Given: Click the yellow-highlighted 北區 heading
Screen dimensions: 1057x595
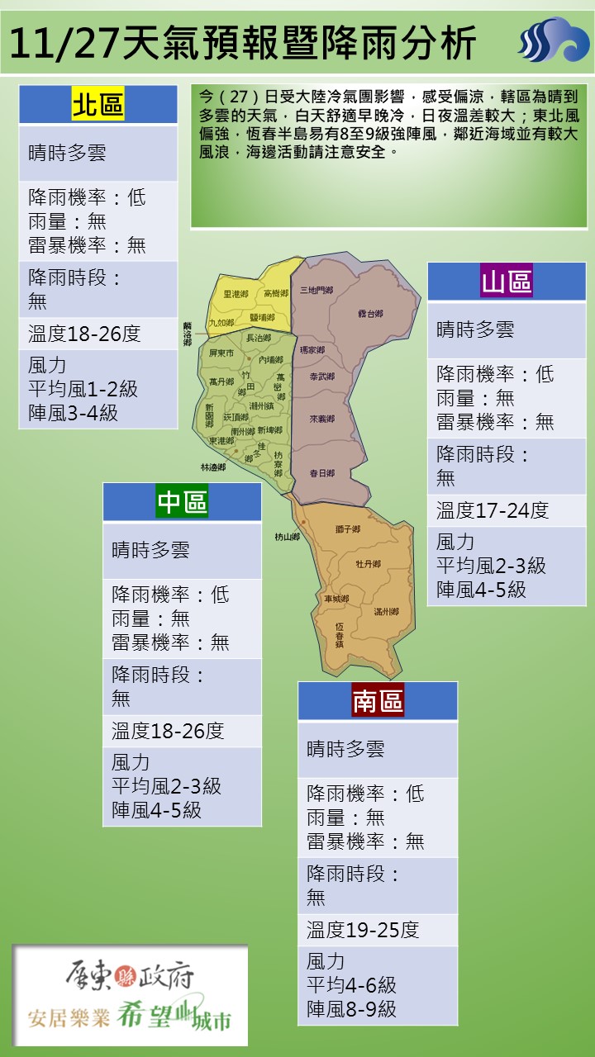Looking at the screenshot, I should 98,106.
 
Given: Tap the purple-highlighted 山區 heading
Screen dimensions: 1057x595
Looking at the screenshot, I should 507,282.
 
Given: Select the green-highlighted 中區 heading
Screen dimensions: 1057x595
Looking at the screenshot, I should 182,502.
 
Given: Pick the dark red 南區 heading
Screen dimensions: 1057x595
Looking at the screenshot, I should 378,701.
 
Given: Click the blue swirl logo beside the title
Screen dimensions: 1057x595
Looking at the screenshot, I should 554,41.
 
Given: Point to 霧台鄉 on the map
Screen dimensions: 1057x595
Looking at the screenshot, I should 371,314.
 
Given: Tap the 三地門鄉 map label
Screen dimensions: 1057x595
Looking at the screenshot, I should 317,291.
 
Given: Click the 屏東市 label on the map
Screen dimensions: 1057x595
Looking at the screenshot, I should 221,353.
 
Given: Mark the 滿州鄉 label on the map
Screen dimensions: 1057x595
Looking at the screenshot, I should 386,612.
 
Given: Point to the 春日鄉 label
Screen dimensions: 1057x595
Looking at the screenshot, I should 321,473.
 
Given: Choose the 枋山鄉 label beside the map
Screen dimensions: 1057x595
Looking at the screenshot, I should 287,537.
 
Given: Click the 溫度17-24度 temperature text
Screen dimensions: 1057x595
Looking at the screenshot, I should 493,510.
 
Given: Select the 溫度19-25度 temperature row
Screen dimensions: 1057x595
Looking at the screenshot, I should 363,930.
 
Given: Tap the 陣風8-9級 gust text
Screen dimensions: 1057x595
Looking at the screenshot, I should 351,1008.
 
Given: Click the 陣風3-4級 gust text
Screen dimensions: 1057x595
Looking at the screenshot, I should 73,413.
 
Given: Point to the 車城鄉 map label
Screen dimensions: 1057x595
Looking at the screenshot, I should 336,599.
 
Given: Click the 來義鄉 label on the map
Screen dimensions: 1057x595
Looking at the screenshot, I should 321,419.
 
